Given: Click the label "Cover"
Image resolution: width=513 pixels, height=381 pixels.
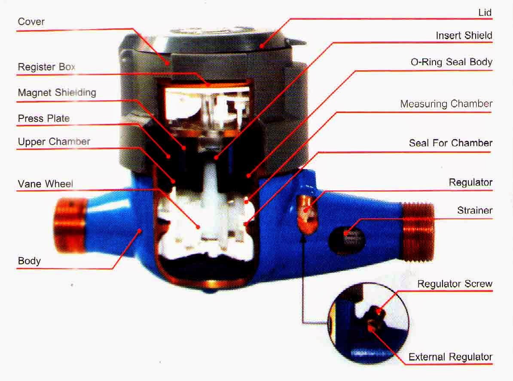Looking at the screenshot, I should [x=31, y=21].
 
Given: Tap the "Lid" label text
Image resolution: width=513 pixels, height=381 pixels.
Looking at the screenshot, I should [x=485, y=12].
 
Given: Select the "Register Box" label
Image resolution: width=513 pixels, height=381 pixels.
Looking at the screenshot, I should [x=46, y=67].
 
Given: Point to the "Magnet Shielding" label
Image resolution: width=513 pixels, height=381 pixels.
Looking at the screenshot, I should [x=57, y=92].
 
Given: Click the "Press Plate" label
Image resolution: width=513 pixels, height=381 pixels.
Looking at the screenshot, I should [x=43, y=118].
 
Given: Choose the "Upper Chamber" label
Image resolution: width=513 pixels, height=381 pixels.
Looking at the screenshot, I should [x=54, y=142].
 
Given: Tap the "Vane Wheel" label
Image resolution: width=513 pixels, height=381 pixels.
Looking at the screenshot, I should [x=45, y=184].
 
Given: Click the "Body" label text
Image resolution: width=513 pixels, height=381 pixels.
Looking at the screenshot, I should [x=29, y=261].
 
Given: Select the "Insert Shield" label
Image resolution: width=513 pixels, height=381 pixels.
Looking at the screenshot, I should [x=464, y=35].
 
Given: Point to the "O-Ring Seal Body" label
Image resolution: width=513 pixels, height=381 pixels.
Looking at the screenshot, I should [x=451, y=62].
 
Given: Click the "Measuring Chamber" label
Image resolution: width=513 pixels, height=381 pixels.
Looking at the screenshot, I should [x=446, y=104].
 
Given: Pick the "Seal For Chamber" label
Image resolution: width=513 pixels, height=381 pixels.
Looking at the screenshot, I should [x=450, y=143].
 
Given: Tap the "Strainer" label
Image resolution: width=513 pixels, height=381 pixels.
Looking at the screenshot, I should [x=474, y=210].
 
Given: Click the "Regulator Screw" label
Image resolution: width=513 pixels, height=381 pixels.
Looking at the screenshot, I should [x=455, y=284].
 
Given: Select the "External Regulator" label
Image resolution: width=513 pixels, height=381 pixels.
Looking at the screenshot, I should [x=450, y=357].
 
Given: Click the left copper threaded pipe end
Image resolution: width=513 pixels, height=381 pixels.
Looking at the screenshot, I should [x=69, y=225].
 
